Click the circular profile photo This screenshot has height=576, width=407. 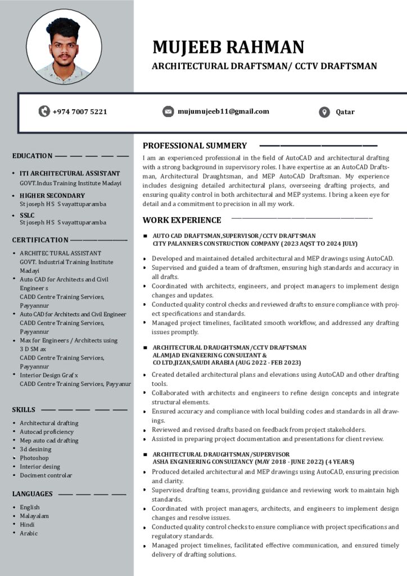point(64,47)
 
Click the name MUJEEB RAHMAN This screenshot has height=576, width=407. point(228,47)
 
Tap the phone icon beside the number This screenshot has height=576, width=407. point(44,111)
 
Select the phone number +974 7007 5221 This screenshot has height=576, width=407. point(79,111)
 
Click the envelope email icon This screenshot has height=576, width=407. point(168,111)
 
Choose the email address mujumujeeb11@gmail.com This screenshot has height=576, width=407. point(223,111)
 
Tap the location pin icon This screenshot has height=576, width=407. point(324,112)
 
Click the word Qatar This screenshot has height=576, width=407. point(345,112)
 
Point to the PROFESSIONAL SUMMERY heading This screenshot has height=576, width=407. point(195,146)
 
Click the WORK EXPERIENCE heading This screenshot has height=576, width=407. point(182,220)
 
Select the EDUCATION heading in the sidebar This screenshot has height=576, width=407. point(33,156)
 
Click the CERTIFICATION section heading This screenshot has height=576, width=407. point(40,240)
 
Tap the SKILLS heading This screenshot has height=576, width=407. point(24,409)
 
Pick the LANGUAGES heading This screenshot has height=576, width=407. point(33,494)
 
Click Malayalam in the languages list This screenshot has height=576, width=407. point(34,516)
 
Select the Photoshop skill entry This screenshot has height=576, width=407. point(34,458)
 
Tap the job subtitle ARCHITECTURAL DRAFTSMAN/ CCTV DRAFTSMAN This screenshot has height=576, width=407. point(264,66)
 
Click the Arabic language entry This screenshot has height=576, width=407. point(29,533)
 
